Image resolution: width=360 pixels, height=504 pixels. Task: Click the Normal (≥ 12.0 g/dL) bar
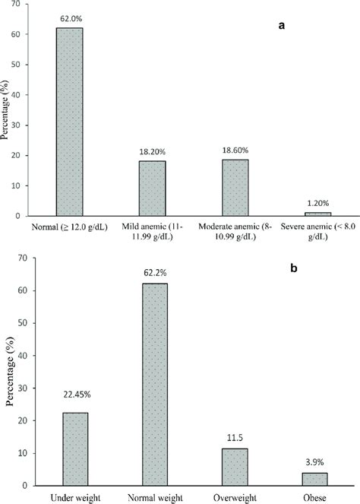pos(69,122)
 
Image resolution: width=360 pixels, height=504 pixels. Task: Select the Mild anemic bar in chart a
pos(152,189)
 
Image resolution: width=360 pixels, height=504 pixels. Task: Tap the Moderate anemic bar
pos(235,188)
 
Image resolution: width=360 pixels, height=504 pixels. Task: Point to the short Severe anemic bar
pos(317,214)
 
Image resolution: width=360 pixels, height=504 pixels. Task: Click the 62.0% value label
pos(70,17)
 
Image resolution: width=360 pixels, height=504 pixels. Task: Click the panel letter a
pos(282,26)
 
